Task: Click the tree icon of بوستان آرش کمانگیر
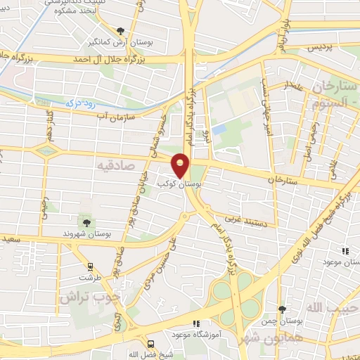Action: (x=120, y=31)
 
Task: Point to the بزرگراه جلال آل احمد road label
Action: (x=113, y=60)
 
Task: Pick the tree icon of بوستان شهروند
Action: (x=86, y=222)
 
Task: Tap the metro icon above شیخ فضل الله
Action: (x=150, y=344)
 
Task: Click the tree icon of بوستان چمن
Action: (x=282, y=309)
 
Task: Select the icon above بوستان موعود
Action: (x=345, y=250)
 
